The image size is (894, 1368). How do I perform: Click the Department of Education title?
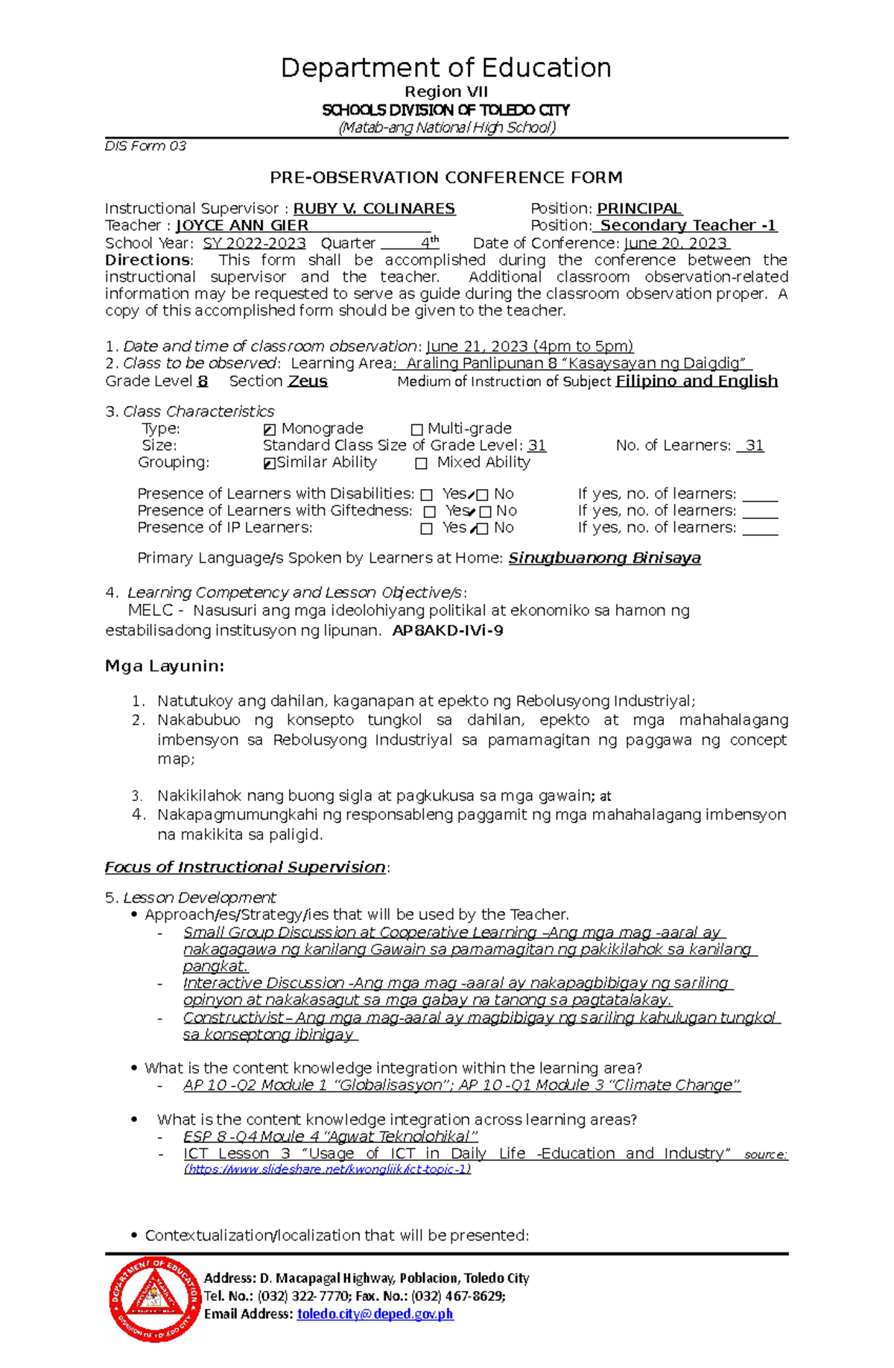click(446, 68)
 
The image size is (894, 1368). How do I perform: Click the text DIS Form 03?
click(145, 146)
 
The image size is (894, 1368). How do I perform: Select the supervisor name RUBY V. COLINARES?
click(374, 209)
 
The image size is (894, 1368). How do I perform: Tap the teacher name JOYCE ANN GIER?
click(242, 226)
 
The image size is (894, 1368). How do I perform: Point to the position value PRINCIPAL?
click(639, 209)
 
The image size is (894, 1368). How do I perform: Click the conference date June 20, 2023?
click(676, 244)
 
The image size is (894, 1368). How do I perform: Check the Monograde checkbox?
click(270, 429)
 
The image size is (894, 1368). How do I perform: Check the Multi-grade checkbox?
click(416, 429)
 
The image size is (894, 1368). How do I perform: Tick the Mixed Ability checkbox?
click(422, 464)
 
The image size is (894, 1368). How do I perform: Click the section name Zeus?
click(308, 382)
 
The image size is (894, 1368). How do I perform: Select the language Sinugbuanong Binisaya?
click(604, 558)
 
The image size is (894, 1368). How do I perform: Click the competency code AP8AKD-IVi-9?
click(448, 631)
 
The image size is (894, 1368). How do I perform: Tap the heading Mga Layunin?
click(165, 666)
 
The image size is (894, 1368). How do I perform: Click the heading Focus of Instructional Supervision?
click(245, 868)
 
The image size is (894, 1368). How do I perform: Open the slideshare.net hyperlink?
click(328, 1170)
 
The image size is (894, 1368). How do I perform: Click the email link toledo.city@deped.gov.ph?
click(375, 1314)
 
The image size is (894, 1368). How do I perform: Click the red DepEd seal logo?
click(154, 1298)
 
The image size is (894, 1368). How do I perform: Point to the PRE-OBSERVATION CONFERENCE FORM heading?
click(446, 177)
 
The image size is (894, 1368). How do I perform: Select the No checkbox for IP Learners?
click(483, 529)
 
